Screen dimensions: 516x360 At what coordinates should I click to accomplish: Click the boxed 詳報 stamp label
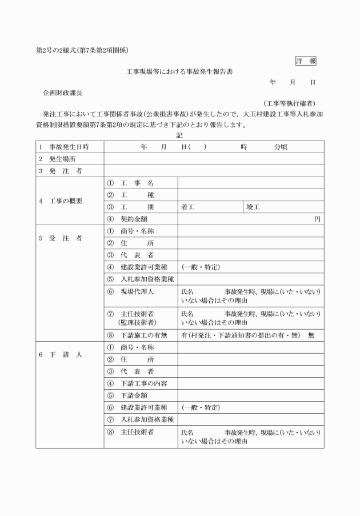coord(306,61)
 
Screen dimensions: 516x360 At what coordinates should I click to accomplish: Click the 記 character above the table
coord(179,135)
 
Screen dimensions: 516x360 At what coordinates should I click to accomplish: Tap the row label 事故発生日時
coord(68,147)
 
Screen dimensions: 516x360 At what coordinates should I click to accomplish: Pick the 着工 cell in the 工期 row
coord(189,207)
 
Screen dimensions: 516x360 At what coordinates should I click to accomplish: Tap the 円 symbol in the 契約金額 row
coord(317,219)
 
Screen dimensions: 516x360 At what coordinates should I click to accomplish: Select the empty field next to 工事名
coord(250,183)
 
